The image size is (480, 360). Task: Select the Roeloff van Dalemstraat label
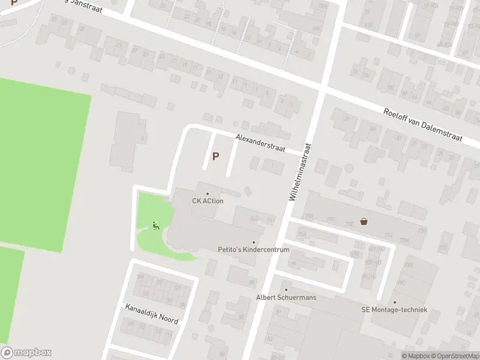(423, 125)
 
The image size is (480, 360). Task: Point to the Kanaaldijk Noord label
(151, 314)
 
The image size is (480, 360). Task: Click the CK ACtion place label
(208, 201)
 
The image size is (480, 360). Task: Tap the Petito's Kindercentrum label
(253, 250)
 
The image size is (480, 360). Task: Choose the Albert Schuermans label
(286, 298)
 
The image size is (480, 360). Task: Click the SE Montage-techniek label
(394, 310)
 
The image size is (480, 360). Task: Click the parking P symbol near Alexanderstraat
(215, 157)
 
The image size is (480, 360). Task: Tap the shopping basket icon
(364, 221)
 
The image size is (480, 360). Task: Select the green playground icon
(155, 226)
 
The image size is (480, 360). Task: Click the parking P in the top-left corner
(14, 3)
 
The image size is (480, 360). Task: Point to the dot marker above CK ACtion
(208, 193)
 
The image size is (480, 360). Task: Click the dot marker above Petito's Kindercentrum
(253, 242)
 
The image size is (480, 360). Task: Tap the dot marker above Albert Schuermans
(286, 290)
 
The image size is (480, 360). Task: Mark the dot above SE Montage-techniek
(394, 302)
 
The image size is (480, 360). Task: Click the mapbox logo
(26, 353)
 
